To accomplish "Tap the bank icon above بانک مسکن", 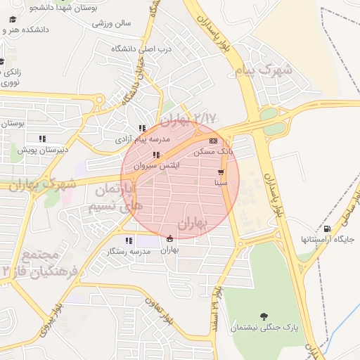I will coord(213,141).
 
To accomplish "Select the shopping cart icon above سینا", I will coord(221,172).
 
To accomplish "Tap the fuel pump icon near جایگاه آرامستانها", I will coord(327,229).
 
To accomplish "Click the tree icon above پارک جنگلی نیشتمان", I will coord(264,316).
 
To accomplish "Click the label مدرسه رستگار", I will coord(127,251).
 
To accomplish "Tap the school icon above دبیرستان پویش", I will coord(42,139).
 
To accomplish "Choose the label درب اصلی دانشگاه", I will coord(141,49).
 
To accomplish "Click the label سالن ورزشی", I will coord(112,23).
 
